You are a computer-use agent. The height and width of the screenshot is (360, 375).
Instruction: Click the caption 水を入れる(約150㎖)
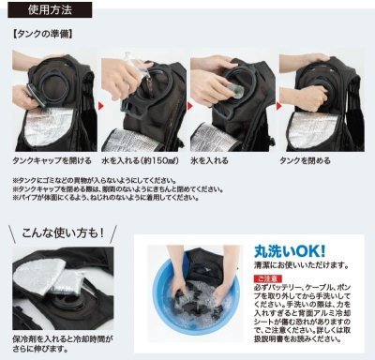click(140, 161)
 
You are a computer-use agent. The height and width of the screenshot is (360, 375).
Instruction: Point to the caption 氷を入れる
click(219, 161)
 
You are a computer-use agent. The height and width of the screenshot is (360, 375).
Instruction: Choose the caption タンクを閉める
click(318, 161)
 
